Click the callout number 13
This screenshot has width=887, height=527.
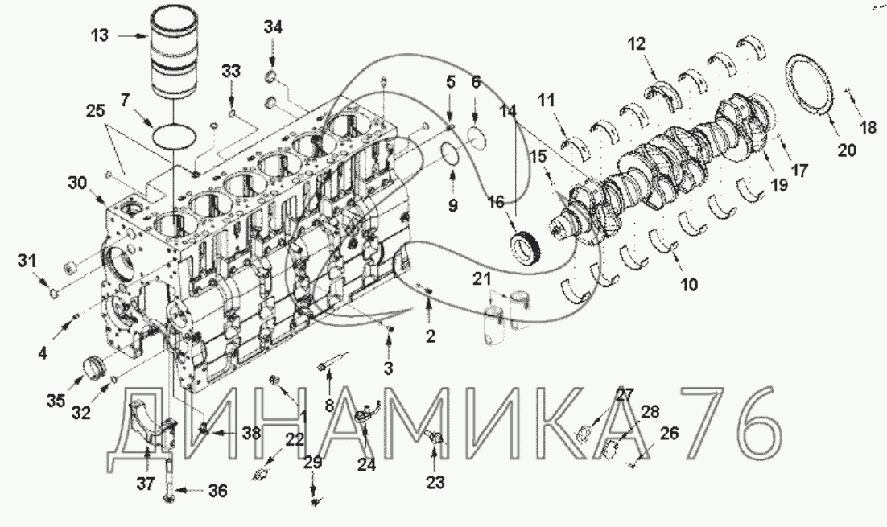click(x=100, y=35)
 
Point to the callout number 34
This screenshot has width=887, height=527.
click(x=273, y=27)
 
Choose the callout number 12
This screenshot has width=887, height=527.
click(x=637, y=43)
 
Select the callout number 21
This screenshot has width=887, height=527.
click(x=482, y=278)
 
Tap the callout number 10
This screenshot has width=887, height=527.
click(x=689, y=284)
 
